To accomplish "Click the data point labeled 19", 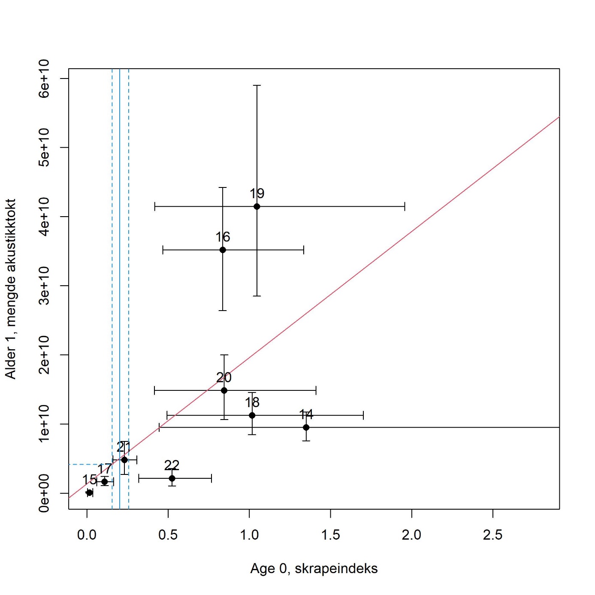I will pos(257,206).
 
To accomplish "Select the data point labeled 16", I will pos(223,250).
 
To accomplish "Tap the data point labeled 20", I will pos(224,390).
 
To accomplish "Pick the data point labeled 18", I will pos(252,415).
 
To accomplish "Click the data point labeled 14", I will pos(306,427).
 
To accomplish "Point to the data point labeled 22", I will pos(172,478).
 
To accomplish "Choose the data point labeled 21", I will pos(124,460).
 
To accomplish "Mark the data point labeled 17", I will pos(105,482).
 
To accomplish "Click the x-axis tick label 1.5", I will pos(330,535).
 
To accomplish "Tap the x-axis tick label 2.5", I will pos(492,535).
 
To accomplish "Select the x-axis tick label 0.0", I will pos(87,535).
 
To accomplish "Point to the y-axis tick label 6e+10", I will pos(44,79).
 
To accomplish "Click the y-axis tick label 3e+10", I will pos(44,286).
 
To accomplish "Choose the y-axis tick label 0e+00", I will pos(44,493).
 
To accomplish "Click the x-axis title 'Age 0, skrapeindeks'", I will pos(314,568).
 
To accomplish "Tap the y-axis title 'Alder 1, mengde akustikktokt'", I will pos(11,289).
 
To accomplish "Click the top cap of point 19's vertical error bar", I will pos(257,85).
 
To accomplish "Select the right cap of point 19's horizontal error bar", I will pos(405,206).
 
